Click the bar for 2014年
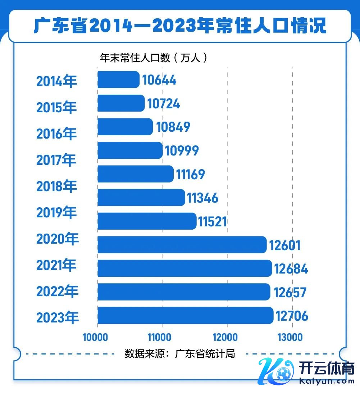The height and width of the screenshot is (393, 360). coord(118,80)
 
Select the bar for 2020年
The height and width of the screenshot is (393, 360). coord(182,245)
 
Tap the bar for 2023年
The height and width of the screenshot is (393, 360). coord(185,316)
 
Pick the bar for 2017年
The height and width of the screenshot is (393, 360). coord(130,150)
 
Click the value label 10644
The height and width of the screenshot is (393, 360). coord(159,80)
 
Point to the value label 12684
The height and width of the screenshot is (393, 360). coord(291,268)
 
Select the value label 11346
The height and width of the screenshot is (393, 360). coord(202,198)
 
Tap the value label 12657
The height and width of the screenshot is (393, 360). coord(290,292)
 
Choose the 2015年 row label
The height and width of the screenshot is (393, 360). coord(56,107)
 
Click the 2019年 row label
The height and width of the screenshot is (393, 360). coord(56,213)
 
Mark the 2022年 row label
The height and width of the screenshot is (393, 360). coord(57,291)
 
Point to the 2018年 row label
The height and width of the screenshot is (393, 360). coord(56,186)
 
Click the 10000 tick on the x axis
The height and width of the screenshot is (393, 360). coord(95,337)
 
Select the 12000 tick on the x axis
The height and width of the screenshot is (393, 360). coord(225,337)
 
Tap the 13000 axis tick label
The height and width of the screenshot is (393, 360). coord(290,337)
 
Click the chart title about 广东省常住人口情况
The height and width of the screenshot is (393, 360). coord(180,26)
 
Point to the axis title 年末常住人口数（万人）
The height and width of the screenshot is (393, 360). coord(154,58)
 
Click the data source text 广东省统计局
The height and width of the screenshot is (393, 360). coord(180,353)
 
